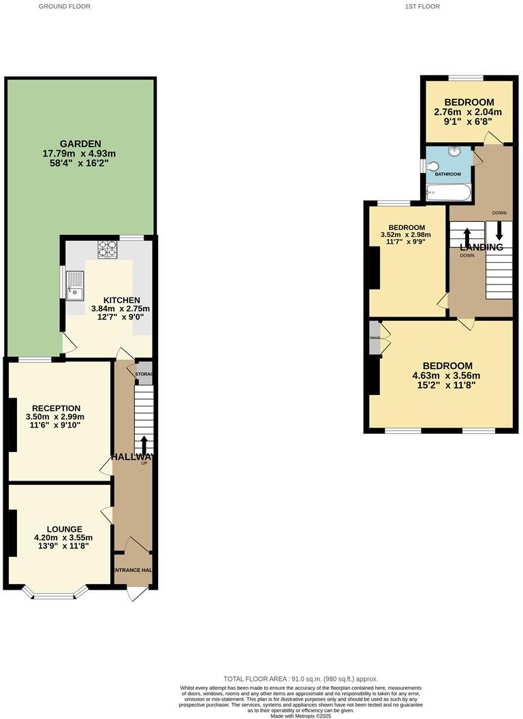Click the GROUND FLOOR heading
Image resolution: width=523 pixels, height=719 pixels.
[64, 6]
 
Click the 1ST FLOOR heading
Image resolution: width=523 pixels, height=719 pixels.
[422, 6]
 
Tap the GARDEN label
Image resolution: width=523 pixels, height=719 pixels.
[80, 144]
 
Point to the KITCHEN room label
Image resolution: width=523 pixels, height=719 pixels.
[122, 300]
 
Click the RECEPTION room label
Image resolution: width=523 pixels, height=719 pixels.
[57, 409]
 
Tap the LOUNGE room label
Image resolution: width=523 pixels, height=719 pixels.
[65, 529]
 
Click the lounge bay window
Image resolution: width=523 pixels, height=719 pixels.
[55, 594]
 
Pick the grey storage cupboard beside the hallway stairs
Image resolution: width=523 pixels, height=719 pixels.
[144, 374]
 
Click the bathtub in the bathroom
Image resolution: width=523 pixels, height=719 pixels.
[447, 193]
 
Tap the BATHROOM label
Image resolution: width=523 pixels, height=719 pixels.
[448, 174]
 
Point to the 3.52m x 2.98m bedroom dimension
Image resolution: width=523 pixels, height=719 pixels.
[407, 236]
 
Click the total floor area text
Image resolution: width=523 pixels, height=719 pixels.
[300, 679]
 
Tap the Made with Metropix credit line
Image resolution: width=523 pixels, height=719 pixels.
[300, 716]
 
